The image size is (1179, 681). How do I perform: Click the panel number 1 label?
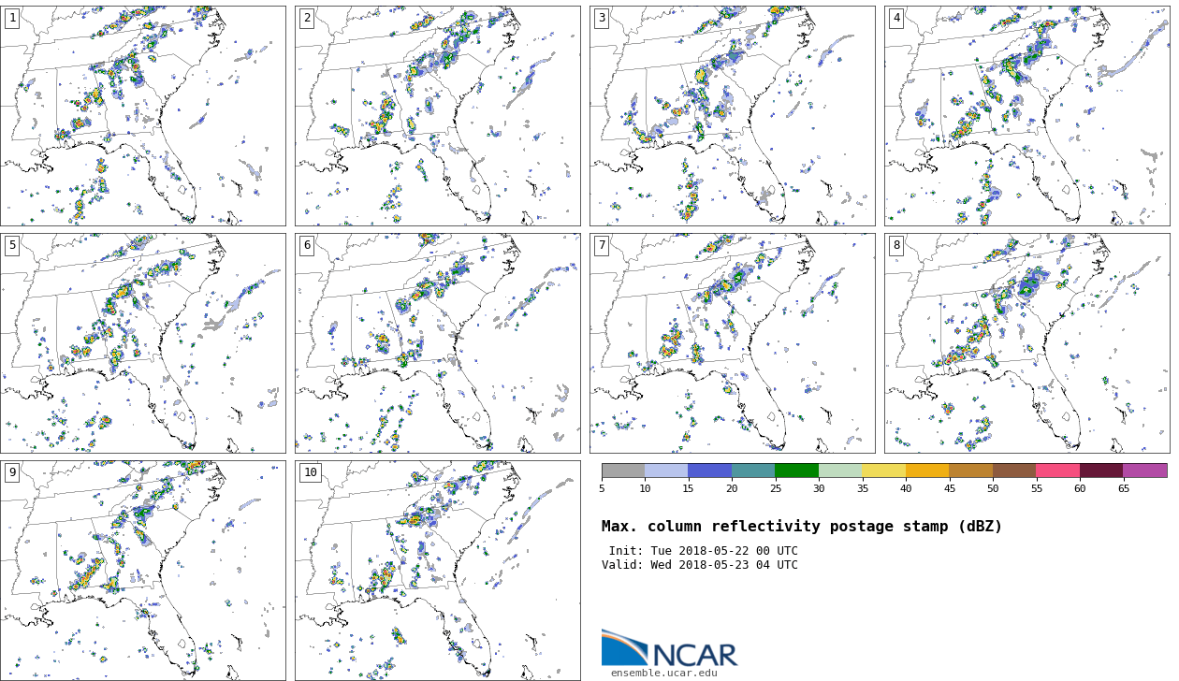(12, 19)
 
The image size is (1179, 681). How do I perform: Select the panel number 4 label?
(896, 19)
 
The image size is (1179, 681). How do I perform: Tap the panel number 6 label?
(307, 246)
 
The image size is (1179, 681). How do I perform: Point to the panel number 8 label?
(896, 246)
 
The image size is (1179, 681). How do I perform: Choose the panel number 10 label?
(310, 473)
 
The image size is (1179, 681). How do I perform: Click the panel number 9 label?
(12, 473)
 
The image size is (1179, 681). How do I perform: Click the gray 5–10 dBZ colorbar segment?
(623, 471)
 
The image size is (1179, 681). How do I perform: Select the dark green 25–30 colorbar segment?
(796, 471)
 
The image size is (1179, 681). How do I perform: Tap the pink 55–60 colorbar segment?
(1057, 471)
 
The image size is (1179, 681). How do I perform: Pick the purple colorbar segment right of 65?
(1144, 471)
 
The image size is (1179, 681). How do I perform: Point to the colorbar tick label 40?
(906, 488)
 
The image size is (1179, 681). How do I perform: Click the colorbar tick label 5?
(602, 488)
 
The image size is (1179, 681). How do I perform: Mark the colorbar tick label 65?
(1123, 488)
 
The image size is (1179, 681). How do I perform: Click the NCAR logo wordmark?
(694, 654)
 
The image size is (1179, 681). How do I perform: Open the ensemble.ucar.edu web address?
(664, 673)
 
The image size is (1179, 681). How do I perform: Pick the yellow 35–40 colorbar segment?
(883, 471)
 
